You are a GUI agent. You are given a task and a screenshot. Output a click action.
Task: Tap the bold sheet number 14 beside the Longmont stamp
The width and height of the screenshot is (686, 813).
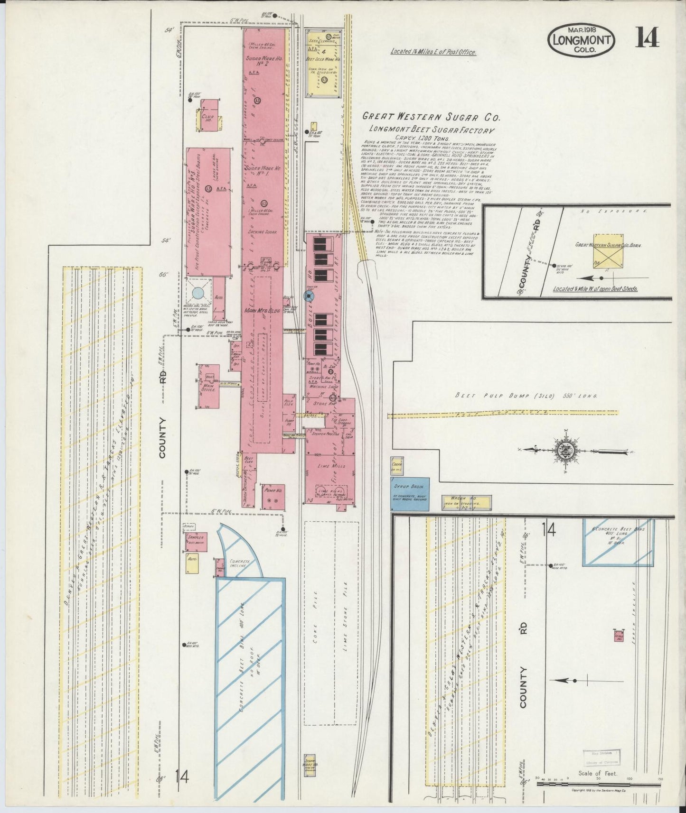(647, 38)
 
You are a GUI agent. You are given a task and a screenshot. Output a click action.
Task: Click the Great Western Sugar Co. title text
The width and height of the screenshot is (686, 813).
(430, 117)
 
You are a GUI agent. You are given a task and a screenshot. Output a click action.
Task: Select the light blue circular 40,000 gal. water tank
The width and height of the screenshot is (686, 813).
(197, 294)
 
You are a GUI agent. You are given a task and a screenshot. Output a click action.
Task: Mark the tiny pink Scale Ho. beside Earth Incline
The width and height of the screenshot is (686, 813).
(618, 636)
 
